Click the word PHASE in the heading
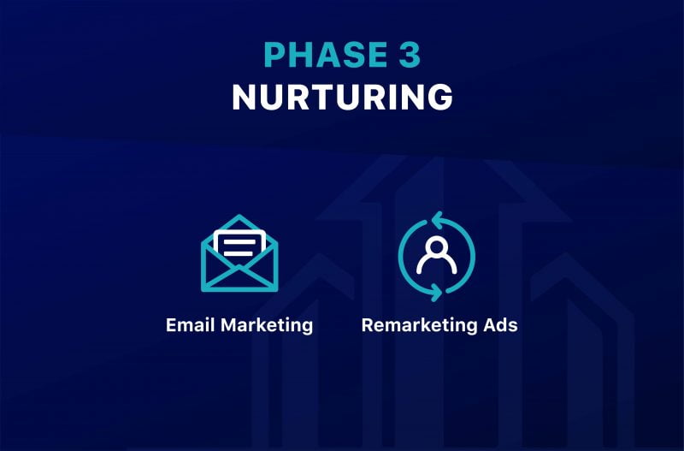(x=326, y=55)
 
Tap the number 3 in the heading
(x=410, y=55)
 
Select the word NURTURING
(x=343, y=97)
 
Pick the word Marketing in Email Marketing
(x=267, y=326)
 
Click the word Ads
(x=501, y=325)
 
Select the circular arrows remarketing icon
(x=437, y=256)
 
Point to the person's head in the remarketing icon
(x=437, y=246)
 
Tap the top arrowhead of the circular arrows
(x=437, y=220)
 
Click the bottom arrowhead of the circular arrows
(x=436, y=293)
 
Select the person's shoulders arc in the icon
(x=437, y=262)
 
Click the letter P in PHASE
(x=274, y=55)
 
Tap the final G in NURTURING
(x=440, y=97)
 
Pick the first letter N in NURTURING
(x=244, y=97)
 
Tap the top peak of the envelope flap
(x=239, y=216)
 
